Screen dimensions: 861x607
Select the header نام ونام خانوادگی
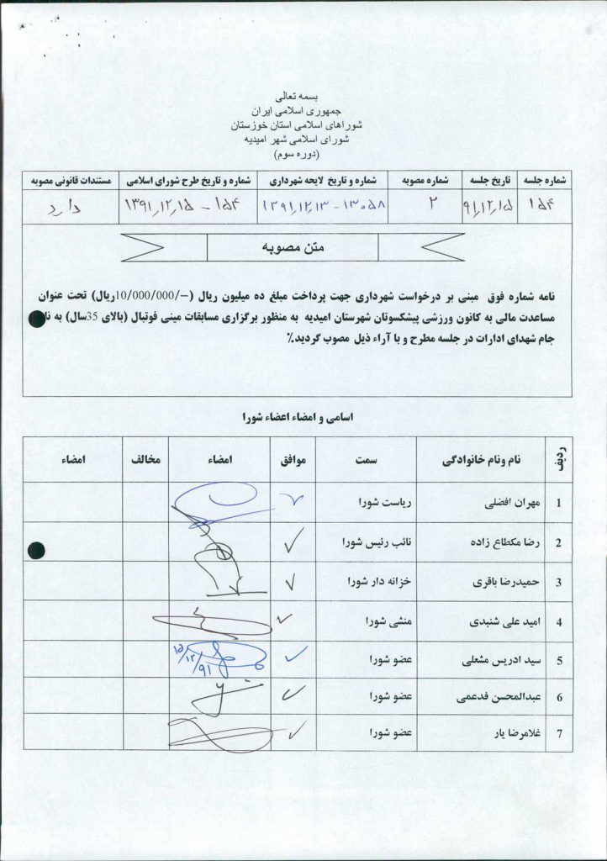tap(481, 460)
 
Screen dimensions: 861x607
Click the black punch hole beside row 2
tap(35, 551)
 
